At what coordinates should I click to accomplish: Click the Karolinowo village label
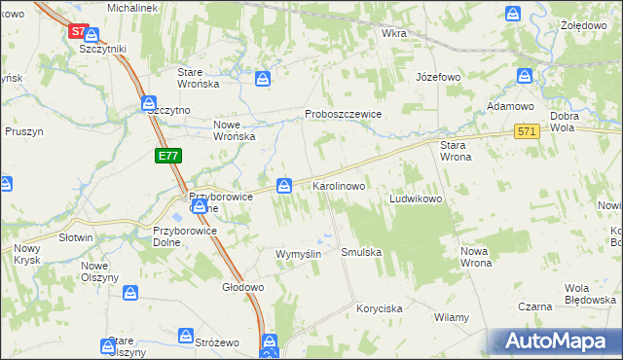click(338, 185)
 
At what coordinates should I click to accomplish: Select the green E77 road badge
click(167, 156)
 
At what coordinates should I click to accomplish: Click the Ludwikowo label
click(417, 198)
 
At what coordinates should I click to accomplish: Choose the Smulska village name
click(361, 252)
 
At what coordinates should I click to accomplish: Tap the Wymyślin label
click(299, 253)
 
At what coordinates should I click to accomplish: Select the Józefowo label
click(437, 76)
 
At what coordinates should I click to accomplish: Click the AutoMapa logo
click(552, 342)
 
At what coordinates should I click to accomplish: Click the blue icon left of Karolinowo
click(284, 185)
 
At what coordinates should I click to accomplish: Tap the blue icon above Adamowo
click(525, 76)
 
